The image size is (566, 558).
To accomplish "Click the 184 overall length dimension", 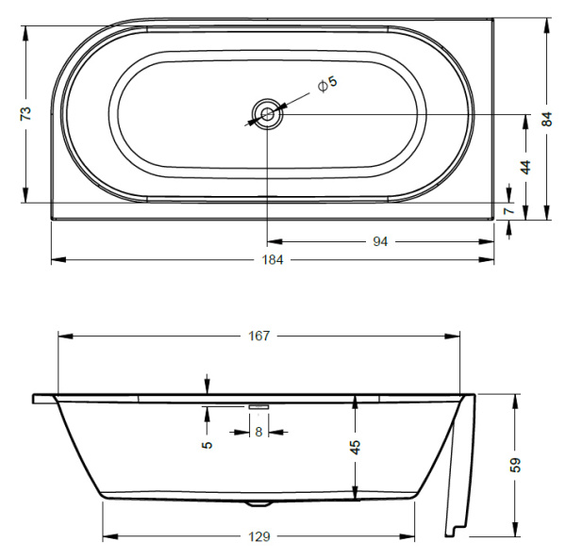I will pos(274,259).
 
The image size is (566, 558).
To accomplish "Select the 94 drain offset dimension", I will pos(380,241).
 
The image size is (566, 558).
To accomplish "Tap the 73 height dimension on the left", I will pos(26,113).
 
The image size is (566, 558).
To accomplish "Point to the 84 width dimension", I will pos(546,119).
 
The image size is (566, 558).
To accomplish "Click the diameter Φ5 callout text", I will pos(326,85).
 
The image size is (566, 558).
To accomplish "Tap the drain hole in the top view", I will pos(267,115).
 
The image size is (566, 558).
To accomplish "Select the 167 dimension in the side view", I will pos(259,336).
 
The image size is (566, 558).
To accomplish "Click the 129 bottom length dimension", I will pos(260,536).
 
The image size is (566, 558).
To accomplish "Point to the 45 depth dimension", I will pos(356,447).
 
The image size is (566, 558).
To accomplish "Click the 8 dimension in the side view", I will pos(259,433).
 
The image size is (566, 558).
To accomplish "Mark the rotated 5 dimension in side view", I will pos(207,444).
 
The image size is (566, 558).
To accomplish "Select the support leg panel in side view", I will pos(460,471).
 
